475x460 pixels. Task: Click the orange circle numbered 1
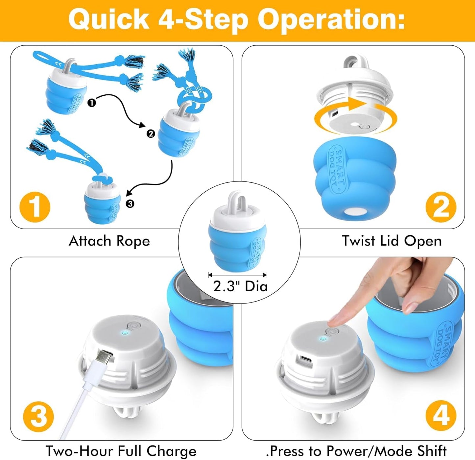[x=35, y=207]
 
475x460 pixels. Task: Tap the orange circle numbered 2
[x=440, y=207]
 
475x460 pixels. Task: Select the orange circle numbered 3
[x=38, y=416]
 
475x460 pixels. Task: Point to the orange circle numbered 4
[x=440, y=415]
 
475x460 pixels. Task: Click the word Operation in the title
[x=331, y=20]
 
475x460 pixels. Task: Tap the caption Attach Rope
[x=109, y=241]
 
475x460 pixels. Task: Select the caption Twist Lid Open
[x=391, y=241]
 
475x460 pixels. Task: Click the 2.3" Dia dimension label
[x=240, y=286]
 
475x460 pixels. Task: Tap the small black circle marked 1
[x=92, y=103]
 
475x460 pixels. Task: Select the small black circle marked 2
[x=151, y=133]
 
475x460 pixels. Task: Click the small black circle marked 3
[x=130, y=204]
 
